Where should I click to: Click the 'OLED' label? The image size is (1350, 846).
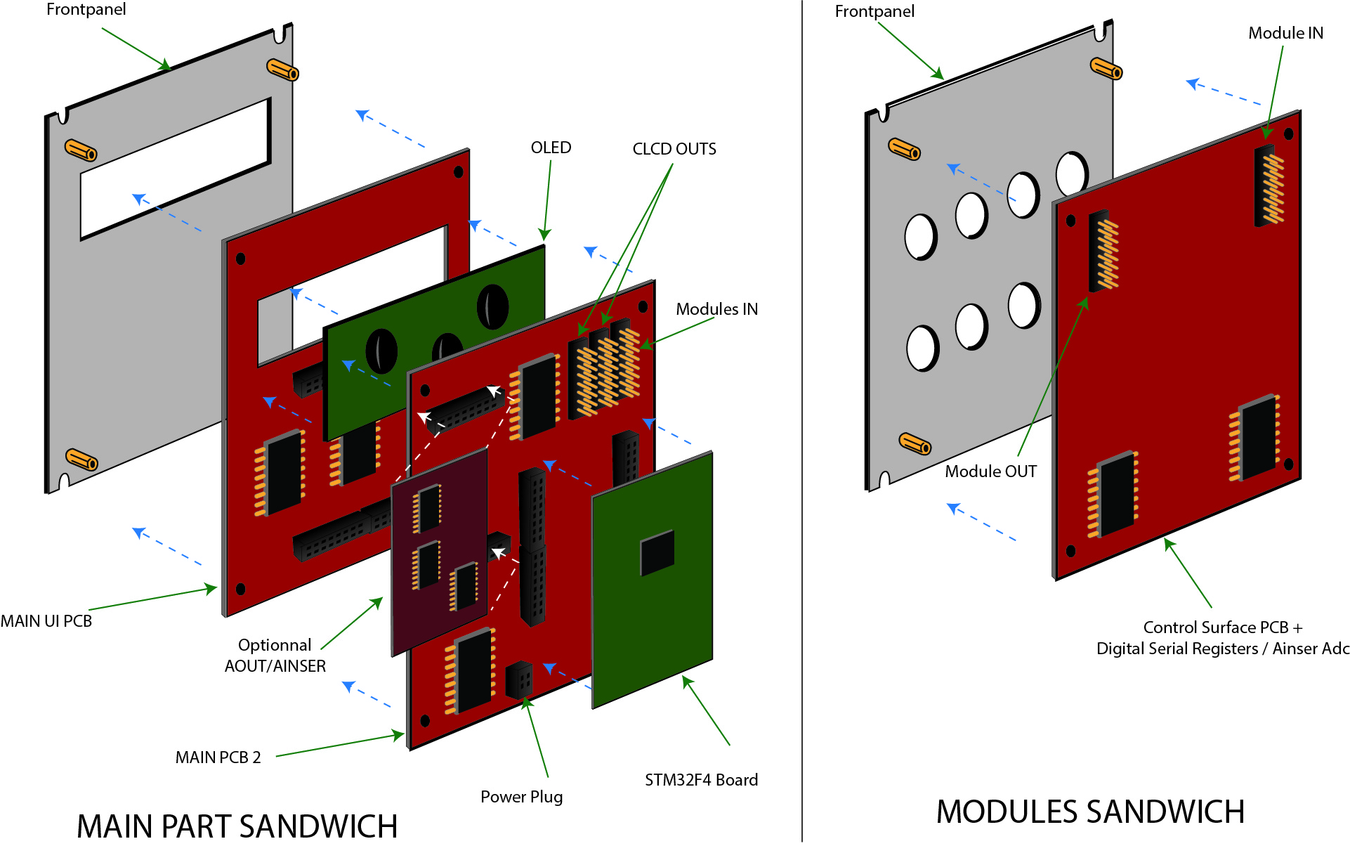pos(551,148)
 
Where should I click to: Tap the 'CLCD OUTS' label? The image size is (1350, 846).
pos(674,149)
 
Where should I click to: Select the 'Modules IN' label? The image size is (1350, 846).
pos(716,309)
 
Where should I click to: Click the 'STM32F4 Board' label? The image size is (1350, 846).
pos(701,780)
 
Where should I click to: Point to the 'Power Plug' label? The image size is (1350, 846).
pos(521,797)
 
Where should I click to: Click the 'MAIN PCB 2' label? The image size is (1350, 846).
pos(218,757)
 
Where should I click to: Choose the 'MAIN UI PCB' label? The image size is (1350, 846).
pos(46,621)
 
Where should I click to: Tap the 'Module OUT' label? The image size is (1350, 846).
pos(990,471)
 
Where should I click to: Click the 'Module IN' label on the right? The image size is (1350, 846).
pos(1285,33)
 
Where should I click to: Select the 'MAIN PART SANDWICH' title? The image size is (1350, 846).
pos(237,826)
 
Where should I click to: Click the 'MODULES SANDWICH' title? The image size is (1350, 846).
pos(1090,812)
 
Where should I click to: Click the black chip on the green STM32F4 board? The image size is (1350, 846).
pos(657,552)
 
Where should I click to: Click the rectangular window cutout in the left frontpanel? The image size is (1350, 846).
pos(176,169)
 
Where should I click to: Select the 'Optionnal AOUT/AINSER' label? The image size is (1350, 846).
pos(275,656)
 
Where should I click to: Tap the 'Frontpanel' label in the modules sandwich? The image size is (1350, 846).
pos(874,11)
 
